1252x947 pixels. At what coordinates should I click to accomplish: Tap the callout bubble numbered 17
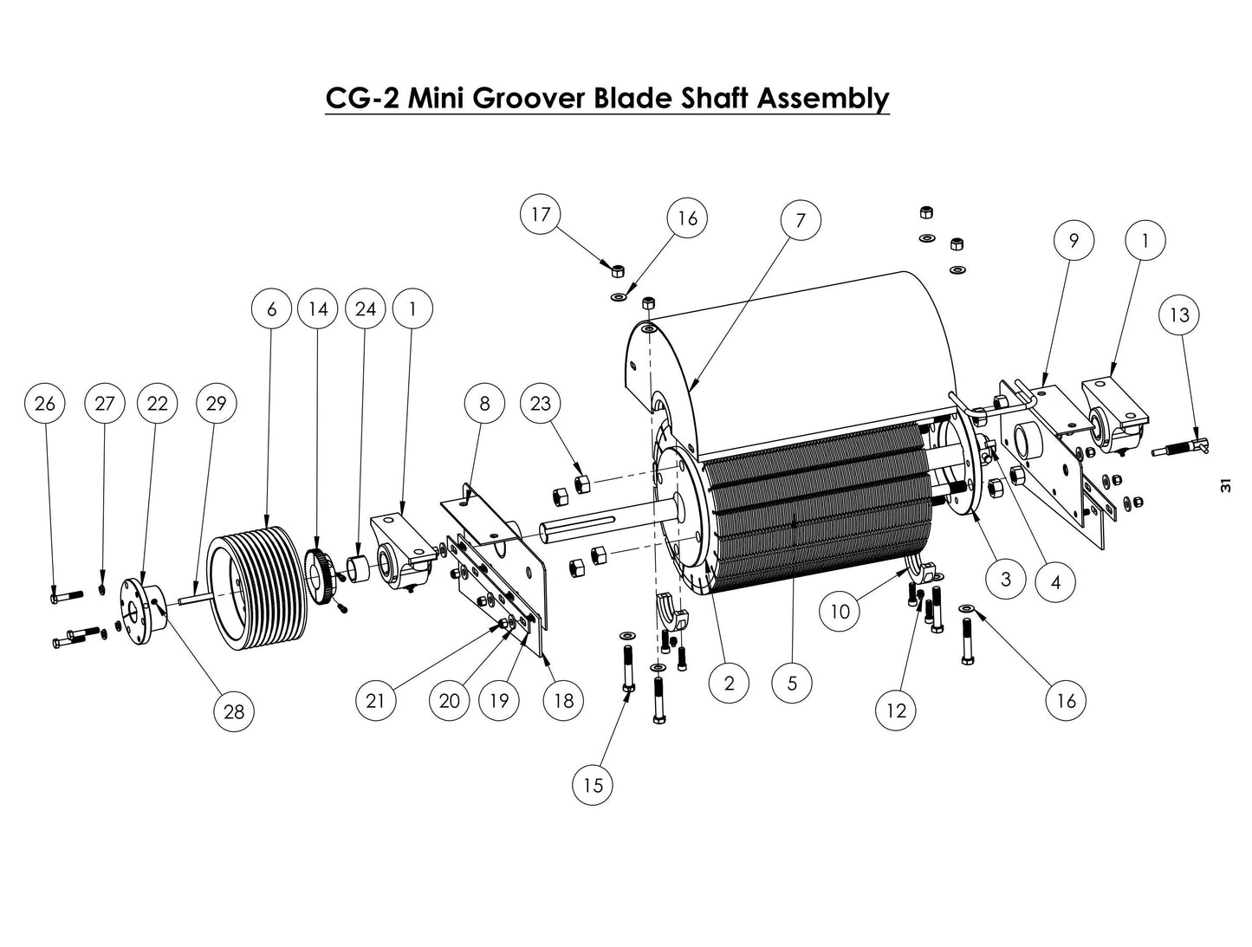point(541,214)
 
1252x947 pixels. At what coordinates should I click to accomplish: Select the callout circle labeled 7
point(800,221)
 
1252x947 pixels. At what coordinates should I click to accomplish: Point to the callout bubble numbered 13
point(1179,315)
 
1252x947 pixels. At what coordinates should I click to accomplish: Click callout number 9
point(1074,240)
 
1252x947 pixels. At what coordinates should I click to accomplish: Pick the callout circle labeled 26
point(45,404)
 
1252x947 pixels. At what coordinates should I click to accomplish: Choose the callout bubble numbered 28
point(234,712)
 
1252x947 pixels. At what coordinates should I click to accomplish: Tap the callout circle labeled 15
point(593,785)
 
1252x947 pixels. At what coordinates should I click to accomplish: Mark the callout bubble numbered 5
point(792,684)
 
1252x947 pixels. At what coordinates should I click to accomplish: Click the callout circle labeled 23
point(541,404)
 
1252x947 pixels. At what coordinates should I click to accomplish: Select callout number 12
point(896,710)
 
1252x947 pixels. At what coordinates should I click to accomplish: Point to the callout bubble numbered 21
point(374,700)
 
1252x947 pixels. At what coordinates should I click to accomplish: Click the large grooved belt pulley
point(251,589)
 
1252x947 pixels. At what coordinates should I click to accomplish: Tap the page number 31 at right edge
point(1224,486)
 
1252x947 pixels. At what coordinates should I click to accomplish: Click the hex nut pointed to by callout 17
point(618,270)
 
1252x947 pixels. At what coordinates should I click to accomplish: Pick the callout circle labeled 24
point(365,308)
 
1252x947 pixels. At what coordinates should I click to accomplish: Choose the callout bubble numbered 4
point(1054,582)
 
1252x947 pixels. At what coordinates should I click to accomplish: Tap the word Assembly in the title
point(823,98)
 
